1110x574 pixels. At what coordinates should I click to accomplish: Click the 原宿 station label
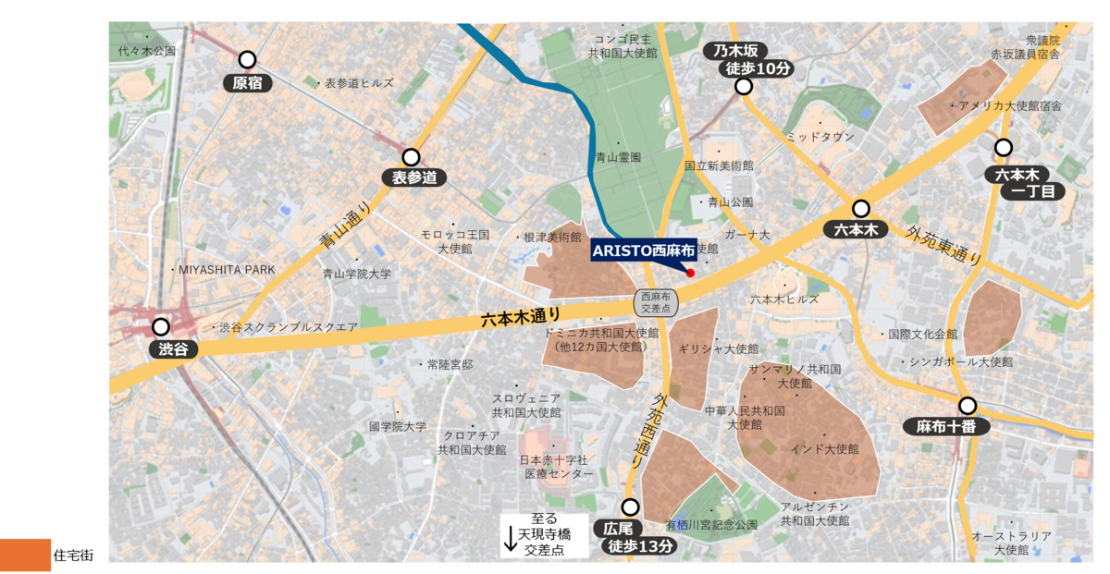[247, 83]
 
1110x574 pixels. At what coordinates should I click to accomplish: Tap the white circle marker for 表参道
[411, 158]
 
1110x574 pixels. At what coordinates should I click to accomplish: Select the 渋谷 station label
[173, 349]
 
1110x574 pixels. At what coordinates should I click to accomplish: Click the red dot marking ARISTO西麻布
[690, 273]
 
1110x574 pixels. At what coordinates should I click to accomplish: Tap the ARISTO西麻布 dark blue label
[644, 250]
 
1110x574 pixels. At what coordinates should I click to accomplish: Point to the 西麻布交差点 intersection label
[655, 302]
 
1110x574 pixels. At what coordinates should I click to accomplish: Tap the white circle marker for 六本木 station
[861, 209]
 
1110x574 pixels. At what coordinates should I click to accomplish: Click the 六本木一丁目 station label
[1024, 183]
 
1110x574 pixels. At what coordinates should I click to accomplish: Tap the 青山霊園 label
[618, 158]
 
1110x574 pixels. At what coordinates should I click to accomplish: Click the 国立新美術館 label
[719, 165]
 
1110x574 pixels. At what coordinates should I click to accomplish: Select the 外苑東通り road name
[943, 245]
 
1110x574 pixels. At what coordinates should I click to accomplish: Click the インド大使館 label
[824, 449]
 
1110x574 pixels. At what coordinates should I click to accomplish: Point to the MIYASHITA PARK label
[228, 269]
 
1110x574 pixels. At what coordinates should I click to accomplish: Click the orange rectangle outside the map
[26, 555]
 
